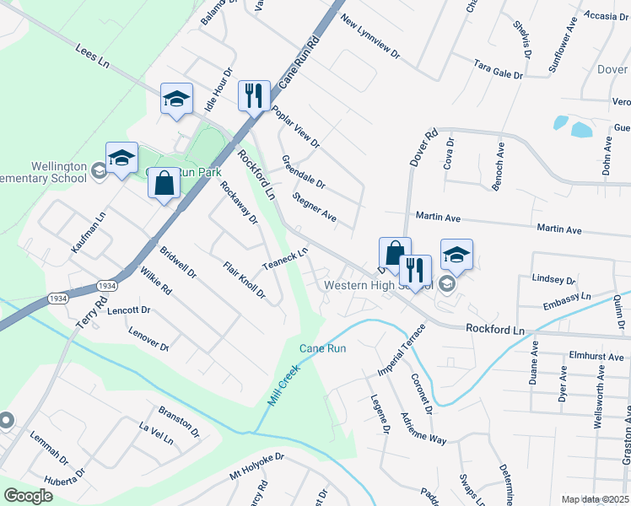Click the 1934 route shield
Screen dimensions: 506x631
coord(106,286)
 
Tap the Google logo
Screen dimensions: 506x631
coord(29,496)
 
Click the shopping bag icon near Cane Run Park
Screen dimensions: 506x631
coord(164,183)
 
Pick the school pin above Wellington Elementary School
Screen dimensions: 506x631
coord(121,158)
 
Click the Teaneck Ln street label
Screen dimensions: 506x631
coord(285,259)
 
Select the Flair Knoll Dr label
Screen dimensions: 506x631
coord(244,282)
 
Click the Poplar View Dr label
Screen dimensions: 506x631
coord(295,127)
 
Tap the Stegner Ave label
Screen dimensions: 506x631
coord(314,208)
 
